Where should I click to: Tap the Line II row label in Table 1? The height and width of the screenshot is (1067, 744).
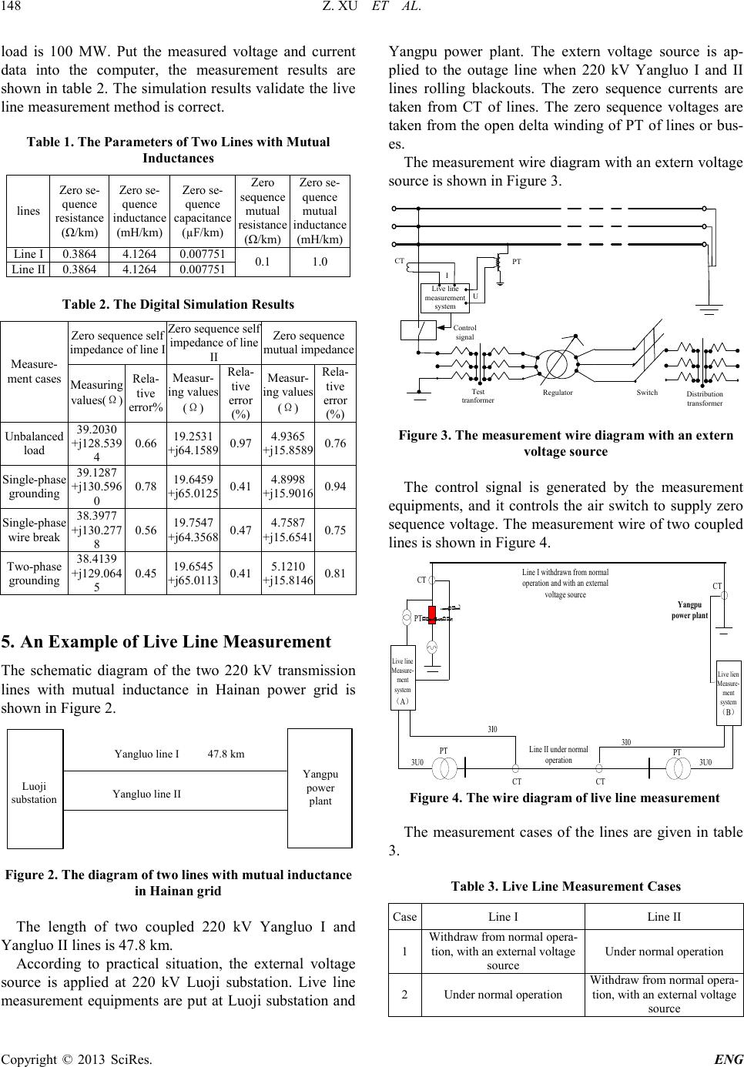[28, 269]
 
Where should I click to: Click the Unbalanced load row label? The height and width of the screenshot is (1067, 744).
[35, 443]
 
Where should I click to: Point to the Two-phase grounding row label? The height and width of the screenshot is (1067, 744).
[35, 573]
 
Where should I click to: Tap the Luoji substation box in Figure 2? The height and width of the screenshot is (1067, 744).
[35, 793]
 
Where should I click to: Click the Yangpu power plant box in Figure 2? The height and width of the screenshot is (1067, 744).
[320, 788]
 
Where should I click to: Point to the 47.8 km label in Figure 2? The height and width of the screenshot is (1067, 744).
[226, 754]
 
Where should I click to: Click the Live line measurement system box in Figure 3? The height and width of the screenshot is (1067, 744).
[444, 297]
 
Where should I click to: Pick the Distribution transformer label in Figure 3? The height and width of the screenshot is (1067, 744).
[704, 398]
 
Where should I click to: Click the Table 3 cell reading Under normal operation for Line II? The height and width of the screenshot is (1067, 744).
[663, 951]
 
